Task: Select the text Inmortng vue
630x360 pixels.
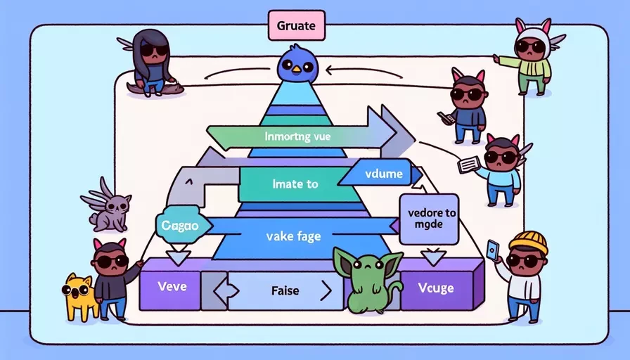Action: [x=298, y=136]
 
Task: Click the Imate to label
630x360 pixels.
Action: [x=295, y=184]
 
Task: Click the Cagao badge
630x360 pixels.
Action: [x=183, y=225]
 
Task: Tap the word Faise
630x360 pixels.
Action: [x=285, y=290]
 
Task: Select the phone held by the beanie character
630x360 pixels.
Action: [x=492, y=250]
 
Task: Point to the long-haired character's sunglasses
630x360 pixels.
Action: [x=155, y=50]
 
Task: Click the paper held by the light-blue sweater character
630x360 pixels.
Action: [x=469, y=164]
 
